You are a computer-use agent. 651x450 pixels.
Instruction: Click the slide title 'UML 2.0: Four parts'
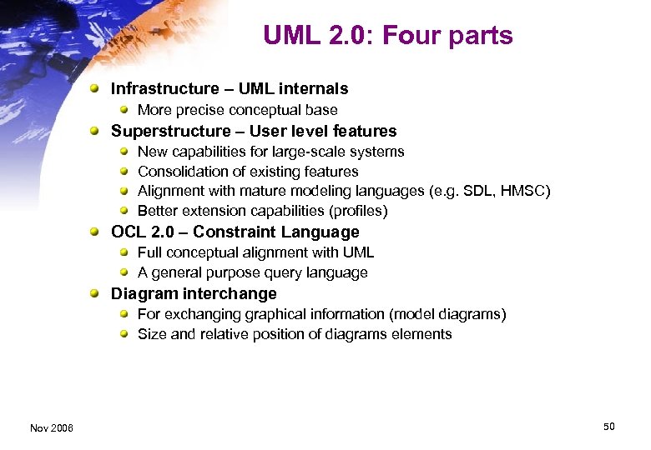[387, 36]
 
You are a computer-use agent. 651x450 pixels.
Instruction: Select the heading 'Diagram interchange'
[194, 293]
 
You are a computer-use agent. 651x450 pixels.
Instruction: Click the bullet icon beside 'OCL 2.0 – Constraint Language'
[98, 232]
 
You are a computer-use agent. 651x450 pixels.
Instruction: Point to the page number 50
[608, 427]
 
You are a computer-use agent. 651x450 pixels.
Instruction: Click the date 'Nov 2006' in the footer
[51, 427]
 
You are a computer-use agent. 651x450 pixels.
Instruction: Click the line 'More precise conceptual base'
[237, 110]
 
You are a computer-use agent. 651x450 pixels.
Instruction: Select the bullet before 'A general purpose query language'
[124, 272]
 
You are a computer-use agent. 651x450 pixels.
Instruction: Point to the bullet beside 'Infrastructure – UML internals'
[98, 88]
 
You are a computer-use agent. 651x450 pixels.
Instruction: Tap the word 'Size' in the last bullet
[152, 334]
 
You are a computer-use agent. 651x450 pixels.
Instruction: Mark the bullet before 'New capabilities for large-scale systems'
[124, 152]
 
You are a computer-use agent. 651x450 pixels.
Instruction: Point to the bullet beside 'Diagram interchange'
[98, 293]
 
